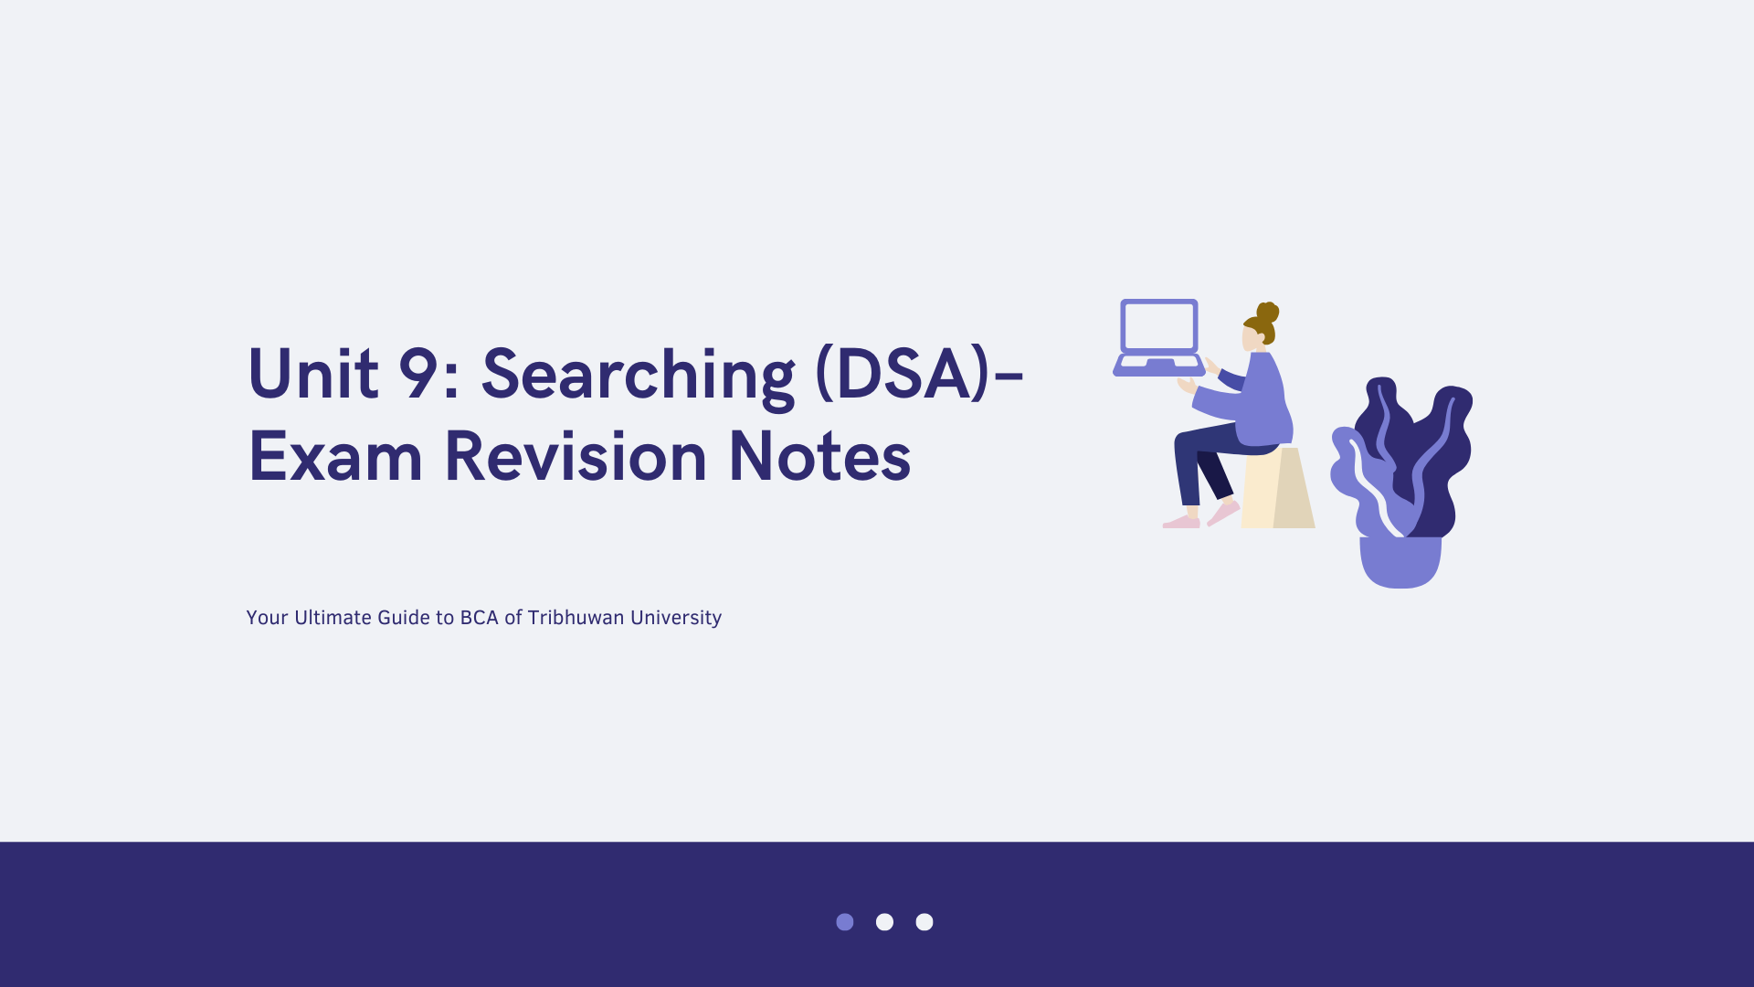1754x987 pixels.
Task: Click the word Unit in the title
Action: (313, 373)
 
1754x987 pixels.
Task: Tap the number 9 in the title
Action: (419, 373)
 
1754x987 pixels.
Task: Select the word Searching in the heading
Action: (638, 377)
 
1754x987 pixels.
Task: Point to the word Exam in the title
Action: (335, 456)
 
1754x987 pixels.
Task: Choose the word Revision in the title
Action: (576, 455)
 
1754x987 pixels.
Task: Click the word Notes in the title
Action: (819, 456)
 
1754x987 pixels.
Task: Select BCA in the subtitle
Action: (480, 618)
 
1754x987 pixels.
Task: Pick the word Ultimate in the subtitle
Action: (333, 618)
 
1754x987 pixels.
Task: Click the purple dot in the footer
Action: (845, 922)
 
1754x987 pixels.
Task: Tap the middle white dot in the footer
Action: (884, 922)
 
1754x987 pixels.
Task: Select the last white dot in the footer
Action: (925, 922)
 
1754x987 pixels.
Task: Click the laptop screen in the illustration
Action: (1159, 326)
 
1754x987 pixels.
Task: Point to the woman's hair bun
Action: (1268, 313)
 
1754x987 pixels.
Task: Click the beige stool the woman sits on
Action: (1277, 488)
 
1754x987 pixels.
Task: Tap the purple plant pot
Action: (1400, 562)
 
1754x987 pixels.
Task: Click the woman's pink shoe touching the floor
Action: (1181, 522)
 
